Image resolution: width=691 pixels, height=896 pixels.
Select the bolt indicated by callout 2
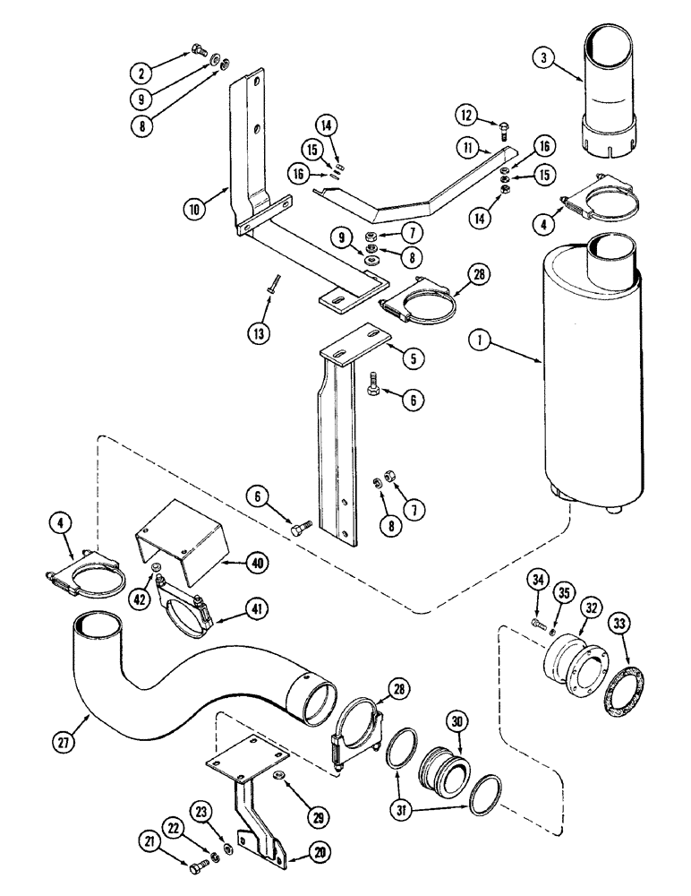click(x=199, y=50)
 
